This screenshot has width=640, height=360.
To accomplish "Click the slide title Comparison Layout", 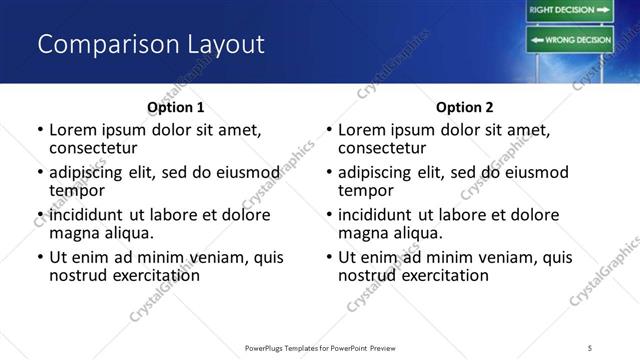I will (x=151, y=45).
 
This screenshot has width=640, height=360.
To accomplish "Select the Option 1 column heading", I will (x=175, y=107).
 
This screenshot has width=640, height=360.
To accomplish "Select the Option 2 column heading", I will (x=464, y=107).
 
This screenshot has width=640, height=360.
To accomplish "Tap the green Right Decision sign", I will (x=569, y=11).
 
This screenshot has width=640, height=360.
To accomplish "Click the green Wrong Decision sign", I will (x=569, y=40).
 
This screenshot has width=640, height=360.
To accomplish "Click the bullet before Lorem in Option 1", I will (x=40, y=130).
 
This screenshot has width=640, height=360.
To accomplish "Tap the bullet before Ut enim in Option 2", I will (x=329, y=257).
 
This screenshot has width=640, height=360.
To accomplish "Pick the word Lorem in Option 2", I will (x=362, y=130).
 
